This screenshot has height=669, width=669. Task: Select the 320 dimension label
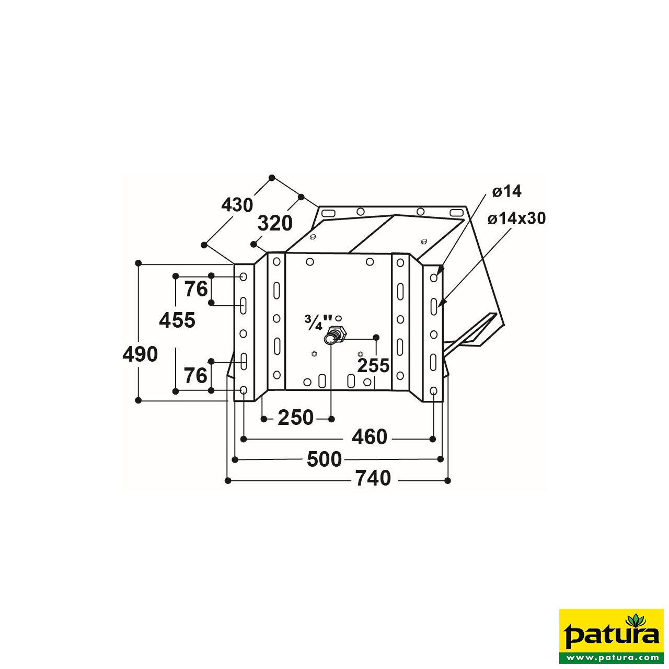click(275, 224)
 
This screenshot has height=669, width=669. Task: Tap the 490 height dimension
click(140, 354)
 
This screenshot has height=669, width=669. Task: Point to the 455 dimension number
click(177, 320)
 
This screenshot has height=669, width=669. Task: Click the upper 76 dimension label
click(196, 289)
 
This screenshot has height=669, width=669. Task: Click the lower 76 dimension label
click(195, 375)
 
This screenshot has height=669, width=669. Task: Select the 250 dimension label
click(295, 418)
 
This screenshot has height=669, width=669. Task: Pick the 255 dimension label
click(373, 365)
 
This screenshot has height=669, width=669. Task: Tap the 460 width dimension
click(369, 437)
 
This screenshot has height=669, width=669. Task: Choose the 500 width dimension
click(324, 459)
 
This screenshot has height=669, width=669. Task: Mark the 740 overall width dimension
click(373, 478)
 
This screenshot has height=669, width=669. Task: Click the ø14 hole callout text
click(506, 191)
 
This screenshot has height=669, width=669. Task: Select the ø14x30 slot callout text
click(516, 218)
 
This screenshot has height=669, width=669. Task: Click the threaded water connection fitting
click(333, 335)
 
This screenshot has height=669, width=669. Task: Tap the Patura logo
click(611, 632)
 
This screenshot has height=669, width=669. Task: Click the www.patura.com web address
click(611, 657)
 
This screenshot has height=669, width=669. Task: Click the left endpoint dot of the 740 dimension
click(228, 480)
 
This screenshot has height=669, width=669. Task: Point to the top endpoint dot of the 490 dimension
click(139, 263)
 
